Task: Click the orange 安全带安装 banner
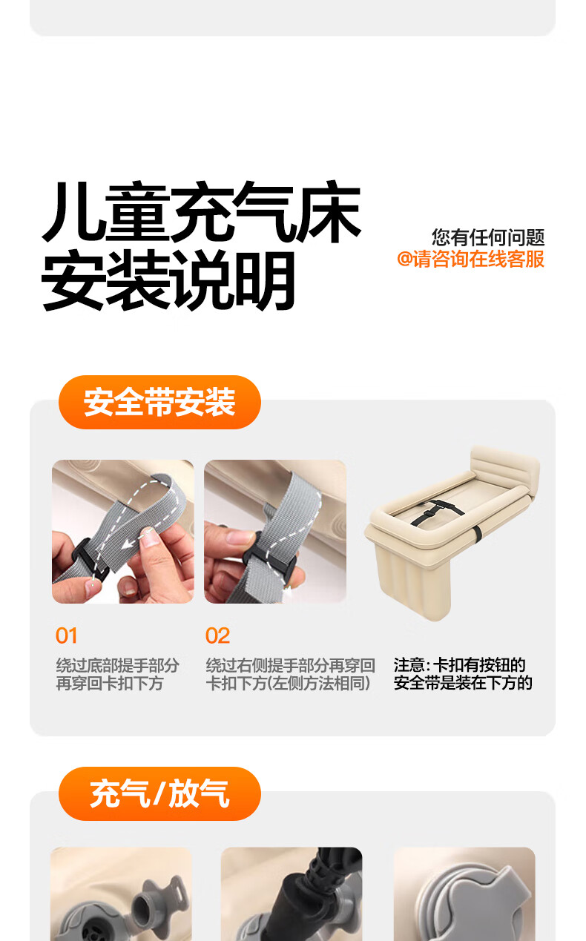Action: tap(159, 402)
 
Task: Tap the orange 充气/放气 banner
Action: tap(159, 793)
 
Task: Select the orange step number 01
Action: tap(67, 635)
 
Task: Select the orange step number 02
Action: tap(217, 635)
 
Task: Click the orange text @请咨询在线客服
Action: tap(471, 259)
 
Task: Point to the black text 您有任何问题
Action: tap(488, 238)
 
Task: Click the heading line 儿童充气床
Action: tap(201, 212)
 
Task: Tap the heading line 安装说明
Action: tap(168, 280)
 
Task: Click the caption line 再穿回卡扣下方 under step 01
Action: tap(110, 684)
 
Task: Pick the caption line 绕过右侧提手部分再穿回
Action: tap(290, 665)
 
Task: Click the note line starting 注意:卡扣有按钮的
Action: tap(459, 665)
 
